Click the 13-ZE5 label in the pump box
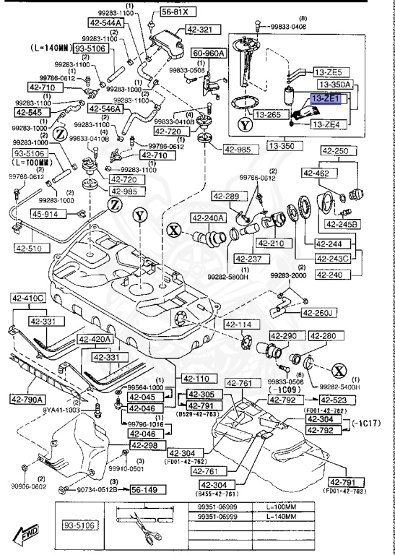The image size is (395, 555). click(x=331, y=72)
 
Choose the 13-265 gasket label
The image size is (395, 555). click(x=272, y=114)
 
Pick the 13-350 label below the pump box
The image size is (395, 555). click(x=283, y=146)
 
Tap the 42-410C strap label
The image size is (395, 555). click(x=27, y=298)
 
